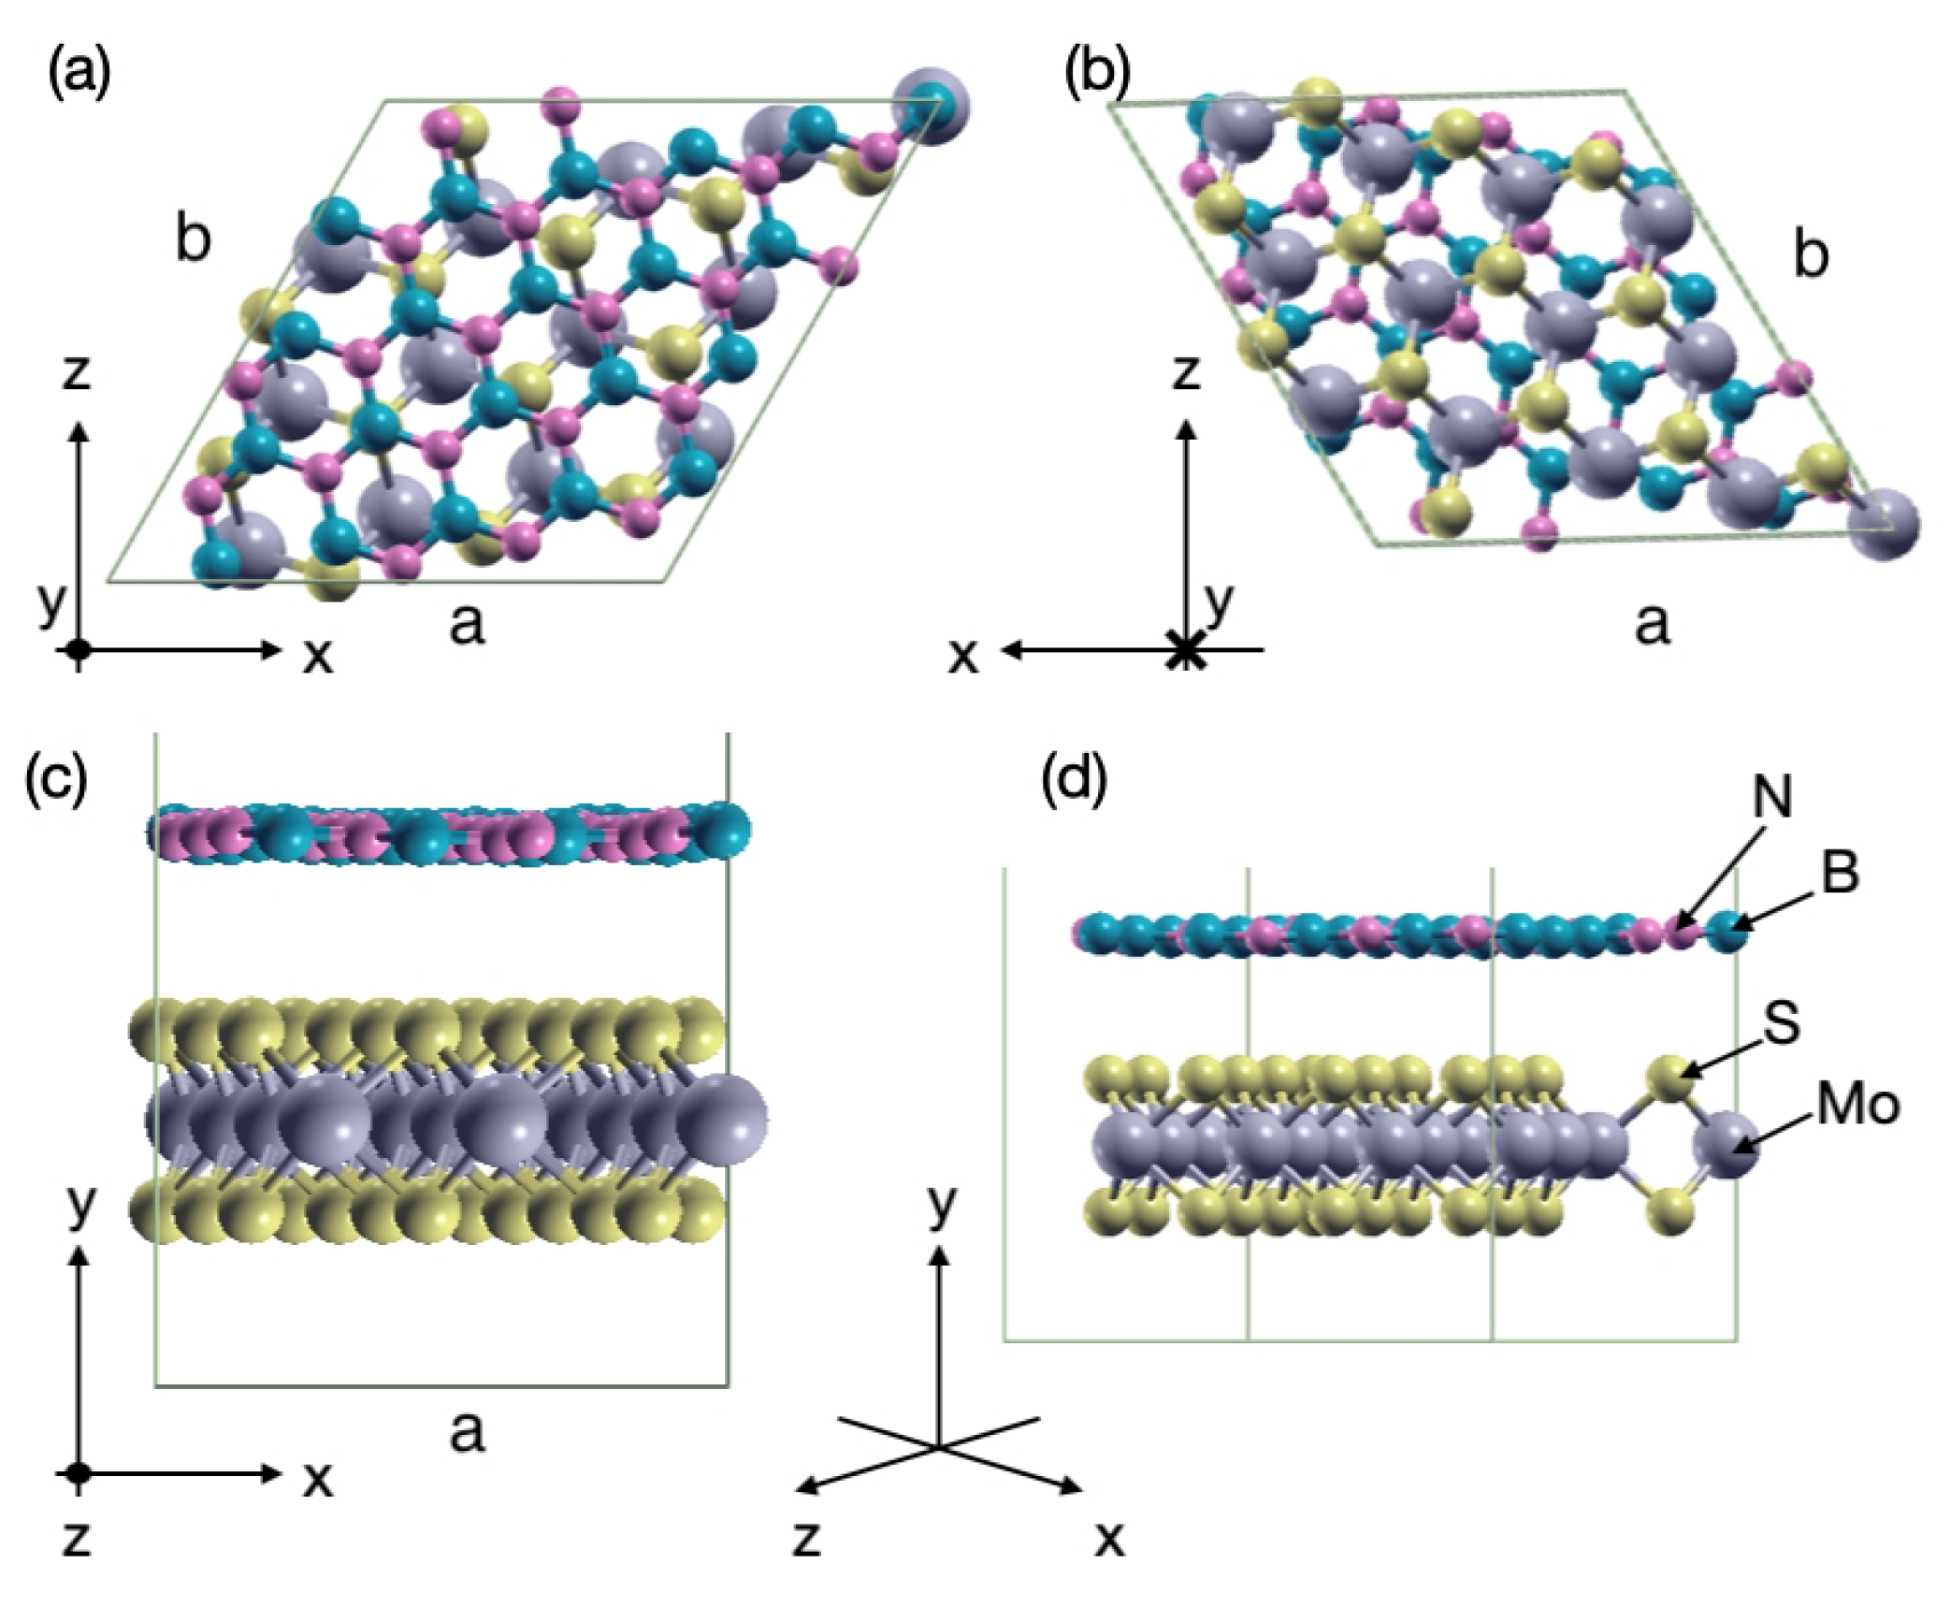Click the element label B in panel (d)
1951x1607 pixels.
(1841, 874)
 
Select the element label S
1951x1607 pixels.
(1781, 1023)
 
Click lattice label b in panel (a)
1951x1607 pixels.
(193, 240)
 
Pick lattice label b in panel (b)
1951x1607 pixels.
(1811, 254)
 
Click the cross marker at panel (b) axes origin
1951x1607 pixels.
(1186, 649)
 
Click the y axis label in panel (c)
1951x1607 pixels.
(81, 1206)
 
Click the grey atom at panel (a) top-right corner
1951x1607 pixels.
(931, 104)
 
